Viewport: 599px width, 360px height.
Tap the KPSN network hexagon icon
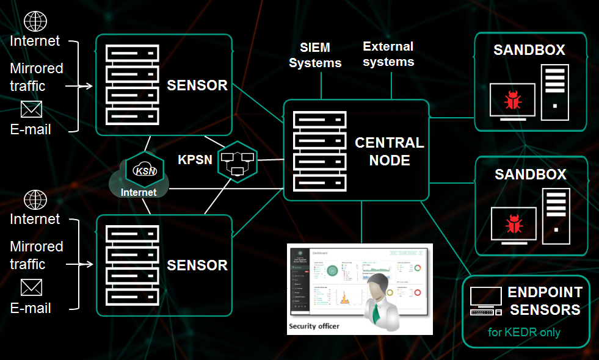tap(237, 161)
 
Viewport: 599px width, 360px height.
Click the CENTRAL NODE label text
tap(389, 151)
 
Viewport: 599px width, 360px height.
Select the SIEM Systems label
tap(315, 55)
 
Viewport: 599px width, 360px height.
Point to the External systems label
tap(388, 54)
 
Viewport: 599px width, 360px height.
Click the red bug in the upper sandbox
tap(512, 100)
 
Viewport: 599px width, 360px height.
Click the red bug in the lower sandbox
tap(513, 224)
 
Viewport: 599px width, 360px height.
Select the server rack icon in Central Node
tap(320, 151)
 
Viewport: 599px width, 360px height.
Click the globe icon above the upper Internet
tap(35, 21)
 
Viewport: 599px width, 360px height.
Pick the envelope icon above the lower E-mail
tap(31, 287)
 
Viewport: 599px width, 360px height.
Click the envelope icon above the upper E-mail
tap(31, 109)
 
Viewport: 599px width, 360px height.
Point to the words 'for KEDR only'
tap(525, 333)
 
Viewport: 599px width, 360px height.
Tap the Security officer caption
tap(313, 326)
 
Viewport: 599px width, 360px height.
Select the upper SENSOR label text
tap(197, 85)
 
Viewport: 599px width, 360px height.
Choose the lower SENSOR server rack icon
tap(132, 264)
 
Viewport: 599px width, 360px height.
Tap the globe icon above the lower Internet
tap(35, 200)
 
